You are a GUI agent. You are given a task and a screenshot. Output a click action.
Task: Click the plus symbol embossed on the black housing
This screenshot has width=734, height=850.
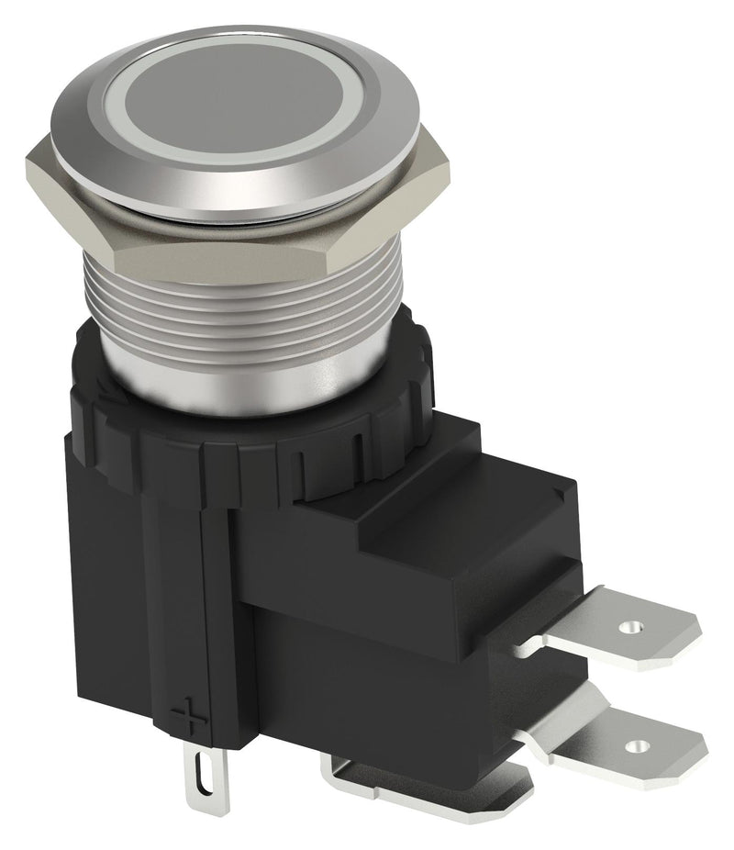click(x=187, y=714)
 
